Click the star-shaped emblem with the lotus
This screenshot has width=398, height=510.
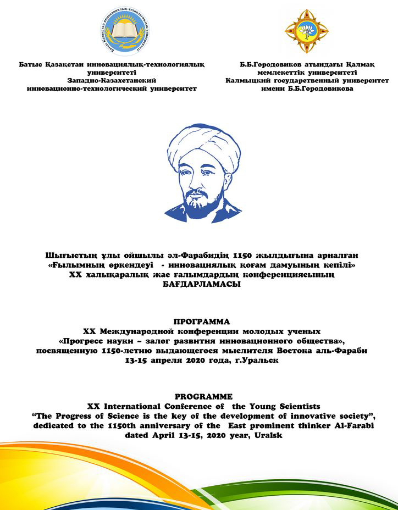click(306, 31)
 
